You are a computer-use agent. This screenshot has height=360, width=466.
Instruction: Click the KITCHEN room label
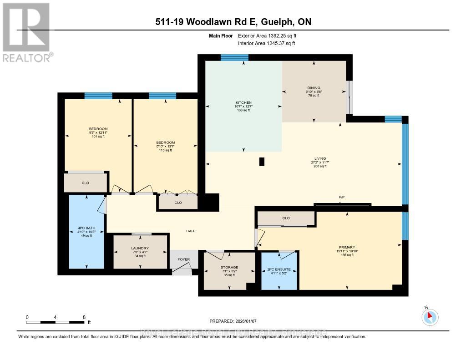coord(243,103)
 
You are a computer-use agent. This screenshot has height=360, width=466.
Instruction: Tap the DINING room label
coord(314,88)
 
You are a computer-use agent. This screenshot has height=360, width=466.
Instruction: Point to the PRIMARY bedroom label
coord(346,248)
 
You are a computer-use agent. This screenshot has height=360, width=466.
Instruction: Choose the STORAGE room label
coord(229,268)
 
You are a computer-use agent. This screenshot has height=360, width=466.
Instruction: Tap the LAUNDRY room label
coord(141,248)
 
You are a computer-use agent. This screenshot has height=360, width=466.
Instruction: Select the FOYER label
coord(183,260)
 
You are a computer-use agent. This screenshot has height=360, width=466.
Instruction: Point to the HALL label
coord(191,231)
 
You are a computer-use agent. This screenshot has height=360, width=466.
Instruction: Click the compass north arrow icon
coord(430,316)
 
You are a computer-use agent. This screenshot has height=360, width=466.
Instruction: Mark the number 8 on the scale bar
coord(84,317)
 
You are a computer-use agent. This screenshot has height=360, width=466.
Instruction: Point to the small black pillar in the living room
coord(262,162)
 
